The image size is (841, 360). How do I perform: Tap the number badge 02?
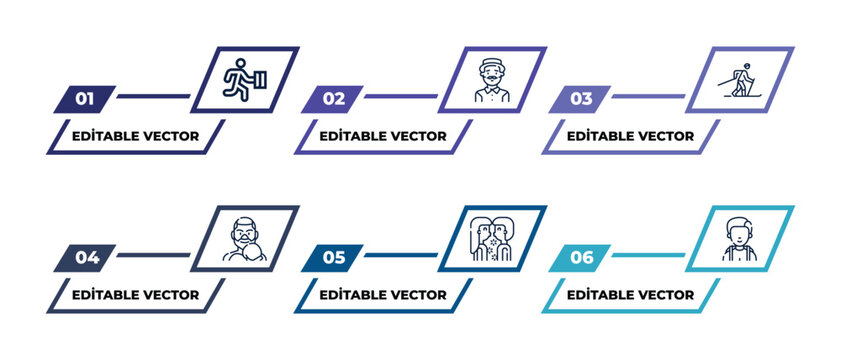pos(333,98)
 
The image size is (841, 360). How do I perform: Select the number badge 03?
pos(581,98)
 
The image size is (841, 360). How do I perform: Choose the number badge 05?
pos(333,257)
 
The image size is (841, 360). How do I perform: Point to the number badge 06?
pos(581,257)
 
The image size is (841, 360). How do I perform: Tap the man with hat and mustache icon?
pos(491,81)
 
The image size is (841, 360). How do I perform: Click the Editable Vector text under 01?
pos(135,136)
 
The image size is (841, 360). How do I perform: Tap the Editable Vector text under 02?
pos(383,136)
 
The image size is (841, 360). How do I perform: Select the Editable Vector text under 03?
pos(631,136)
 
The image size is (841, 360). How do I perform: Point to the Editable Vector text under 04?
pos(135,295)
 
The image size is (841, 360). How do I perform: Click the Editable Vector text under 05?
pos(383,295)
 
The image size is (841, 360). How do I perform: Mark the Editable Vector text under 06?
pos(631,295)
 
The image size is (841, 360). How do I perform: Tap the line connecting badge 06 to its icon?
pos(647,256)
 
